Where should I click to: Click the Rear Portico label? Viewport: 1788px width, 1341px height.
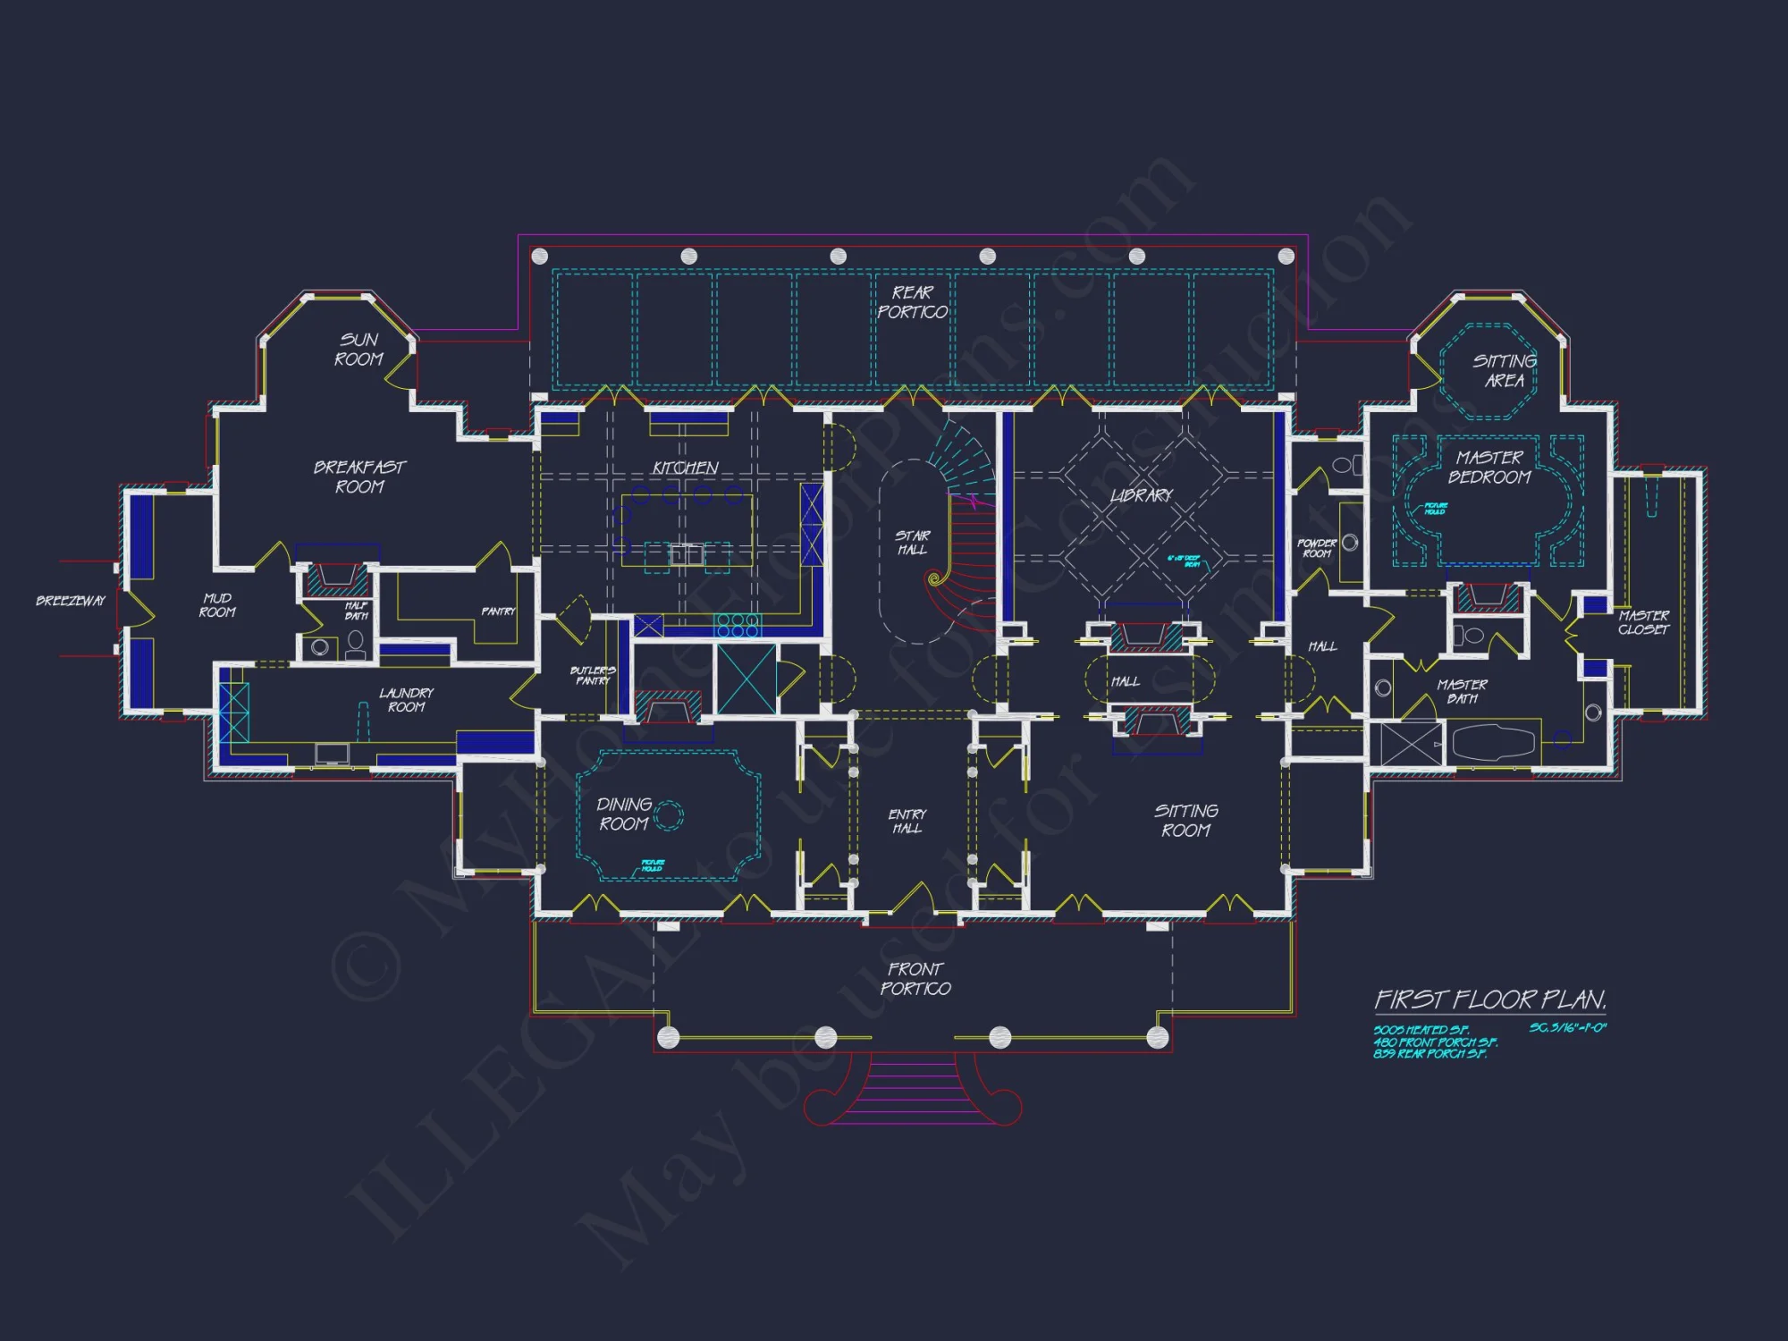pyautogui.click(x=912, y=302)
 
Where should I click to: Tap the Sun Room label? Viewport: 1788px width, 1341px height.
pyautogui.click(x=358, y=350)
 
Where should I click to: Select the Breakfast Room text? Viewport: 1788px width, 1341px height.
pyautogui.click(x=359, y=477)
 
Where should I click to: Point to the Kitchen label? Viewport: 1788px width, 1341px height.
pyautogui.click(x=685, y=468)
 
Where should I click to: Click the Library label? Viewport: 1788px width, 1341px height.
pyautogui.click(x=1141, y=495)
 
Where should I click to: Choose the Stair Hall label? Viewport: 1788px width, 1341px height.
pyautogui.click(x=913, y=543)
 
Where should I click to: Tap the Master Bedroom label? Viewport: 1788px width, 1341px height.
pyautogui.click(x=1489, y=468)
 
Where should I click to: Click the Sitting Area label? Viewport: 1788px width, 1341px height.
pyautogui.click(x=1505, y=371)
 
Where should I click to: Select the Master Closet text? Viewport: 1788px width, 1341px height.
pyautogui.click(x=1643, y=622)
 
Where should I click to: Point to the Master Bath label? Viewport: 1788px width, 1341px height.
pyautogui.click(x=1462, y=691)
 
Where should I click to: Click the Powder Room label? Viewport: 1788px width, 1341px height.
pyautogui.click(x=1317, y=548)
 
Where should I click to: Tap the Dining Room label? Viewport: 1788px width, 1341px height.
pyautogui.click(x=624, y=814)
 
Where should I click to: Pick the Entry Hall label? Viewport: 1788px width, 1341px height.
pyautogui.click(x=907, y=821)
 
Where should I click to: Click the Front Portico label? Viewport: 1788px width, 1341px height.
pyautogui.click(x=915, y=978)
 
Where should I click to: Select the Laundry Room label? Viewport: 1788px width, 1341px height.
pyautogui.click(x=406, y=699)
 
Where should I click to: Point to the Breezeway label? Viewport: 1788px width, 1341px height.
pyautogui.click(x=71, y=601)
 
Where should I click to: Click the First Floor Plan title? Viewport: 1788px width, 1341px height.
pyautogui.click(x=1489, y=999)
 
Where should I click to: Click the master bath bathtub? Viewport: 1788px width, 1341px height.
pyautogui.click(x=1493, y=742)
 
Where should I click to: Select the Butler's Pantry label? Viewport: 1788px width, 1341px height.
pyautogui.click(x=593, y=675)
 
